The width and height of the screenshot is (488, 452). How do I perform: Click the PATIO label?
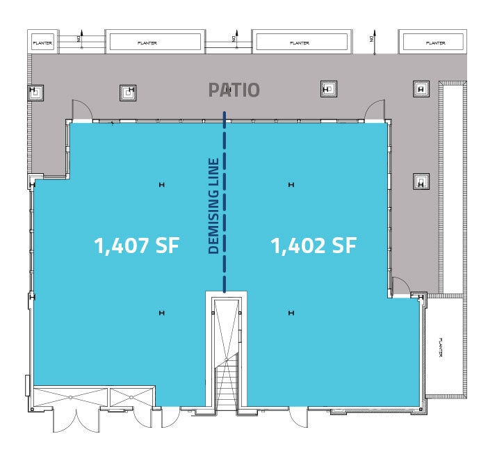coord(234,90)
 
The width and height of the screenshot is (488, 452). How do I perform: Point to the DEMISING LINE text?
coord(214,206)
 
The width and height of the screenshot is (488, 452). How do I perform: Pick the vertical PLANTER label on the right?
coord(441,348)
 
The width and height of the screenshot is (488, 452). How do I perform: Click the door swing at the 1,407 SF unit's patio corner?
coord(80,110)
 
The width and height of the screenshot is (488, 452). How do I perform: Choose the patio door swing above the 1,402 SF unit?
coord(375,110)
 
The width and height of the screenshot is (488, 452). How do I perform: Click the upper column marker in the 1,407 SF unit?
coord(161,184)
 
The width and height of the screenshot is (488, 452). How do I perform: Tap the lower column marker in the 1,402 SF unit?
coord(291,313)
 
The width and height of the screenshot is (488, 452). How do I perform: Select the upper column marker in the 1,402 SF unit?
coord(291,184)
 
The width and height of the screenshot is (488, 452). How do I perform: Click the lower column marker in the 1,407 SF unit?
coord(161,313)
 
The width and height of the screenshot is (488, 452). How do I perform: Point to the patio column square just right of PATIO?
coord(328,88)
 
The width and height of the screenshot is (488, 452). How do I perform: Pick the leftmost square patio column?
coord(37,91)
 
